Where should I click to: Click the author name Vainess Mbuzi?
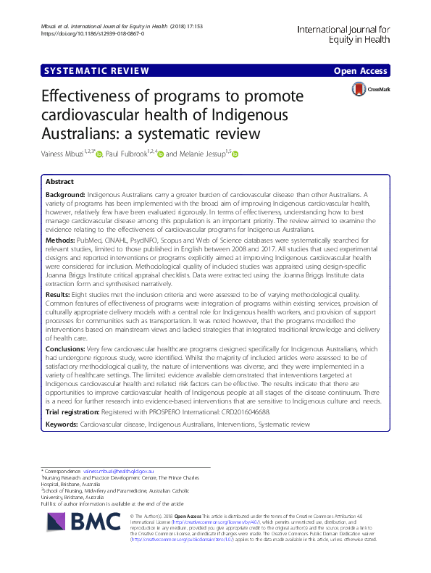(63, 154)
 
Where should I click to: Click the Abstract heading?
(60, 182)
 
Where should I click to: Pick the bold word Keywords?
(63, 423)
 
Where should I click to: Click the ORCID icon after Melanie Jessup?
(235, 154)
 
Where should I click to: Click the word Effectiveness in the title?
(90, 99)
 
